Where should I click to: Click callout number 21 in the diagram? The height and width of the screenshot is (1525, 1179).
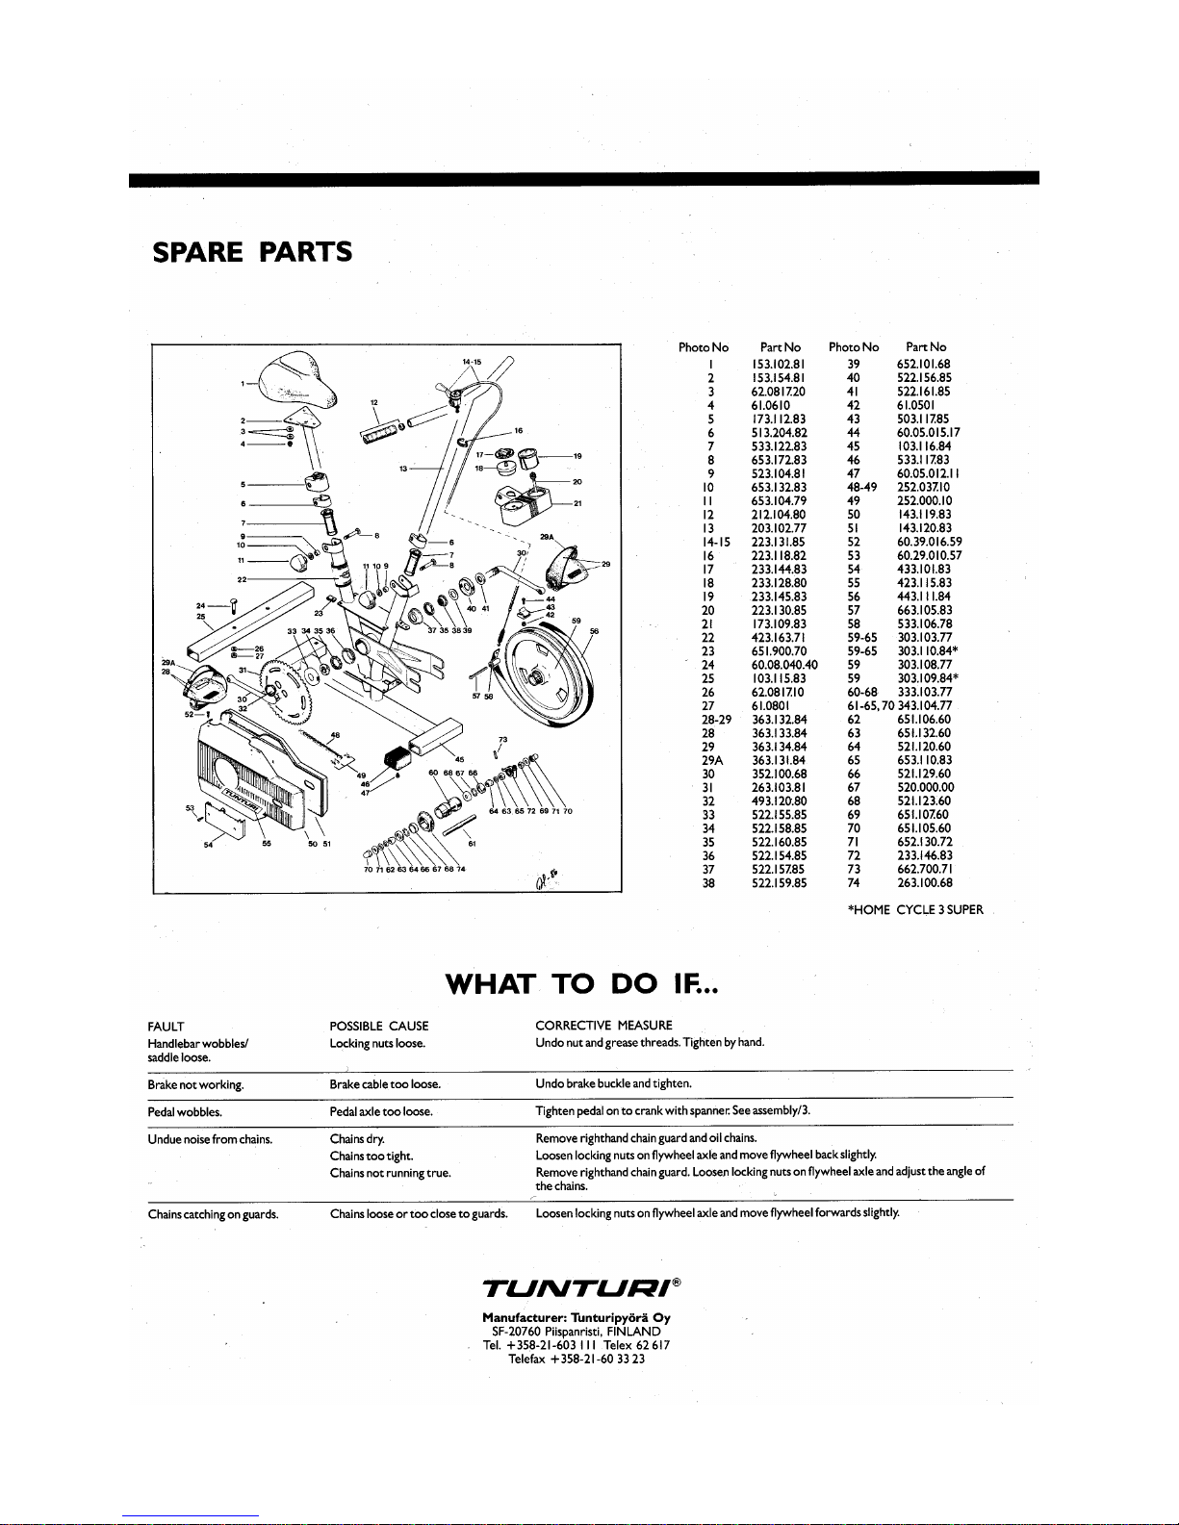point(577,503)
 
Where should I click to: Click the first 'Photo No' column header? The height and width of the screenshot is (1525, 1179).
point(704,347)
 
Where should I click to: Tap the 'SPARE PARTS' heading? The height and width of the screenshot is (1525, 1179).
point(252,252)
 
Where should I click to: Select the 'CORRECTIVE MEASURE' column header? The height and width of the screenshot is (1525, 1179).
point(603,1026)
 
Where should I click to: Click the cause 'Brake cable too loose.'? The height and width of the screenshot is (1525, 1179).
point(385,1084)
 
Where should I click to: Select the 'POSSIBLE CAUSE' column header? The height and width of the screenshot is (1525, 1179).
point(379,1026)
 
